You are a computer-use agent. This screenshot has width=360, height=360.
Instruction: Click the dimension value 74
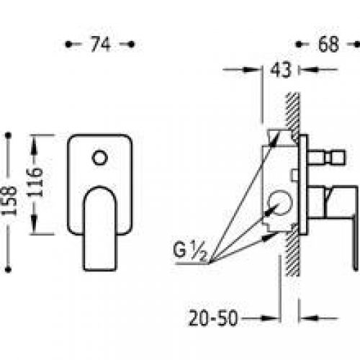pos(101,44)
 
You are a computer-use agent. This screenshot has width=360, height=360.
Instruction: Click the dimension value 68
pos(328,44)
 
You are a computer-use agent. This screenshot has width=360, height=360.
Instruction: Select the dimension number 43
pos(281,70)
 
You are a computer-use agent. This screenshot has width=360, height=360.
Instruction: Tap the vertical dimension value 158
pos(12,201)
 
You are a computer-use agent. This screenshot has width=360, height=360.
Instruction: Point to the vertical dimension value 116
pos(35,182)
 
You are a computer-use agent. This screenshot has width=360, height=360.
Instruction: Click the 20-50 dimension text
pos(213,318)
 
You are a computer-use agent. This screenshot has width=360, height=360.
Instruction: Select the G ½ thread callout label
pos(189,251)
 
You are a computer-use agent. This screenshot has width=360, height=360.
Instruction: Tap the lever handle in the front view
pos(100,228)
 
